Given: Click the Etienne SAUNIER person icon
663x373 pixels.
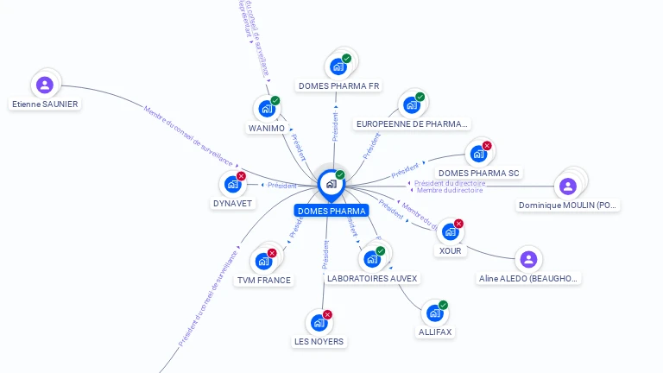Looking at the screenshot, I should click(x=45, y=85).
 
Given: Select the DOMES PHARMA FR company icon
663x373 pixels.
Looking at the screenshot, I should click(x=338, y=66).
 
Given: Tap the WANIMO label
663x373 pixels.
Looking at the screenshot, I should click(x=266, y=129).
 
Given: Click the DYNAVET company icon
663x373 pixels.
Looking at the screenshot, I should click(x=232, y=184).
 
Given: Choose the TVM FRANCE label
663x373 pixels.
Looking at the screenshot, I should click(x=264, y=281).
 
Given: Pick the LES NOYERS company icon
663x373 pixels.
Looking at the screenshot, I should click(x=319, y=323).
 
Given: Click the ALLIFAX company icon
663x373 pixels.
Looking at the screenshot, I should click(x=434, y=313).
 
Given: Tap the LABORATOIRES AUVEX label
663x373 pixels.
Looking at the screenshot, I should click(x=372, y=279).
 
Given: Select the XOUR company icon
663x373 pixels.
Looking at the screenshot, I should click(x=450, y=231).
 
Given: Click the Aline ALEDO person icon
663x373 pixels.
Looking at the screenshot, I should click(x=528, y=259).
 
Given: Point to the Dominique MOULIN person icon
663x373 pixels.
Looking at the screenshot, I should click(x=567, y=186).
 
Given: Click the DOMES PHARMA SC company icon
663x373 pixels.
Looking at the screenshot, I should click(x=477, y=155).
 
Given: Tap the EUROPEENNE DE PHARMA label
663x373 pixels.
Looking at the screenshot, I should click(x=413, y=124).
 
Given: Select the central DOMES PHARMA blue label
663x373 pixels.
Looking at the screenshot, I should click(x=331, y=211).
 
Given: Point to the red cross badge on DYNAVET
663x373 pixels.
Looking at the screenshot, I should click(x=242, y=176).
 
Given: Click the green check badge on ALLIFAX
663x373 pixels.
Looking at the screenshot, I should click(x=444, y=305).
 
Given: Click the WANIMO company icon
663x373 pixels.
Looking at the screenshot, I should click(x=266, y=109).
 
